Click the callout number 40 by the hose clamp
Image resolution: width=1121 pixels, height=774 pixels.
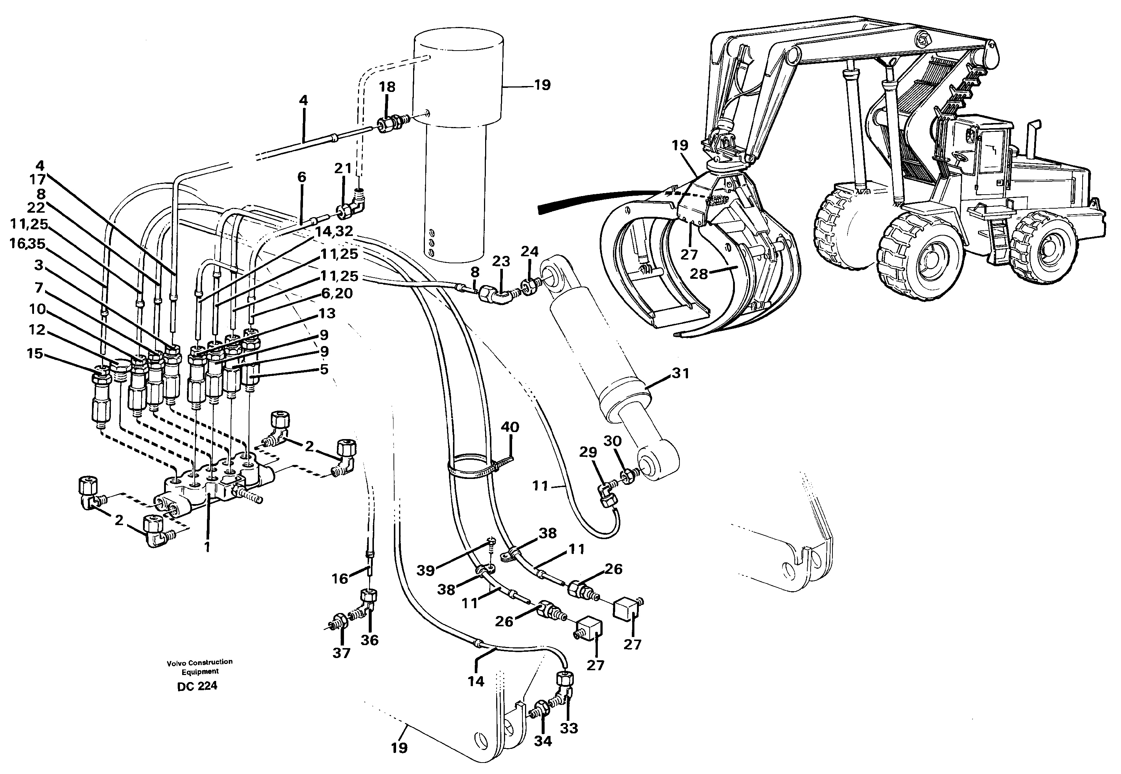tap(510, 427)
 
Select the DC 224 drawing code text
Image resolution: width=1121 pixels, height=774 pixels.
tap(197, 686)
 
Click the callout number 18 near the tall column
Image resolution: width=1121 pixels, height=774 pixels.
tap(387, 87)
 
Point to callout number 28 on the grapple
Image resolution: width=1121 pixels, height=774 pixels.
tap(699, 274)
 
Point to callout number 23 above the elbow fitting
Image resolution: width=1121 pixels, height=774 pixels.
tap(501, 261)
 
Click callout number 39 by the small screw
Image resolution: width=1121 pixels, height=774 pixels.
tap(425, 571)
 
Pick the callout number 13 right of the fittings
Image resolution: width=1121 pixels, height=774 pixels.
tap(327, 313)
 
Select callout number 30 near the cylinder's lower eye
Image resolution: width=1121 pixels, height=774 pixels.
tap(613, 441)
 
